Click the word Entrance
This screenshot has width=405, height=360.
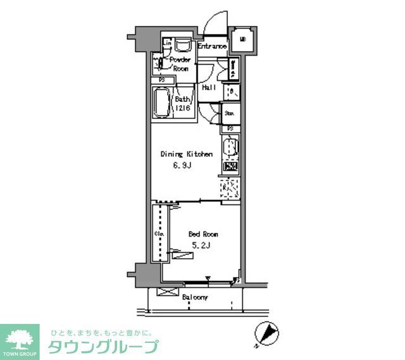(212, 46)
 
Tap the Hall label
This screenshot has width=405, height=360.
(209, 87)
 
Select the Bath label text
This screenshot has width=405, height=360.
(183, 99)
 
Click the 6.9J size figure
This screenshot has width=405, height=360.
(182, 167)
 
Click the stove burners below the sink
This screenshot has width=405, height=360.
(230, 169)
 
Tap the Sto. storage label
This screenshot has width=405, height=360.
(230, 114)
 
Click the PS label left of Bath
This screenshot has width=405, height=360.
(162, 80)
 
